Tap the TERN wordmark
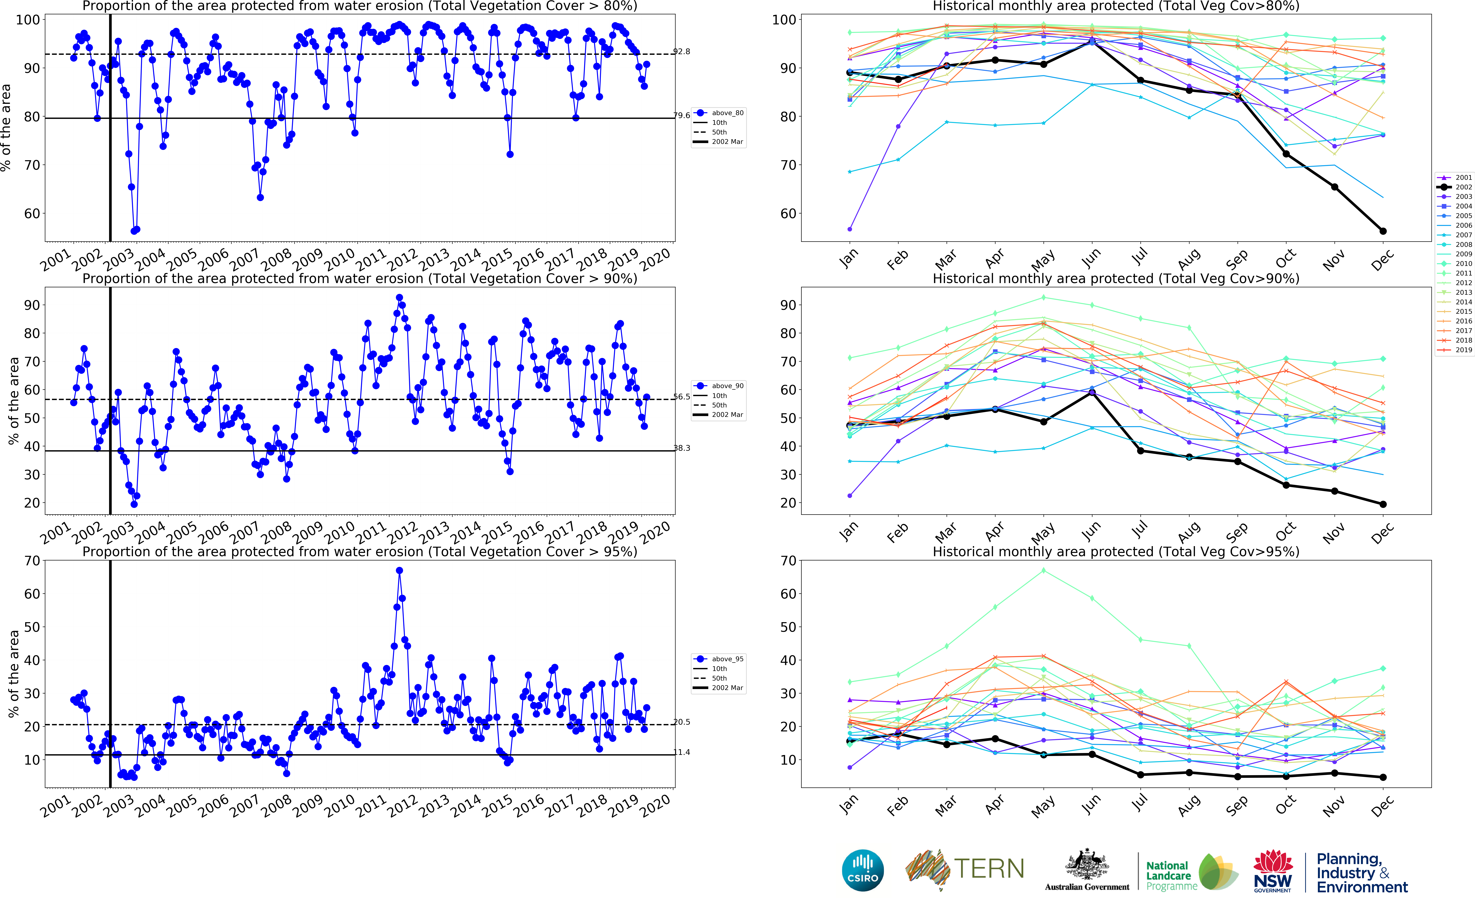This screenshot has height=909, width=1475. point(989,869)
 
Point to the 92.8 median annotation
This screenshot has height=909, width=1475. point(681,52)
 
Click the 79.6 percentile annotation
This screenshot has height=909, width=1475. point(681,115)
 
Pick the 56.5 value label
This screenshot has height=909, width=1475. point(681,397)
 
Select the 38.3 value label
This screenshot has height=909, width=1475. point(681,448)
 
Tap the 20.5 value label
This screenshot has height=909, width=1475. point(681,722)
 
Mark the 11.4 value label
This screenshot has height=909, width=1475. point(681,752)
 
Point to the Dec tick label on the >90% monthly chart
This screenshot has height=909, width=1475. point(1382,533)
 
